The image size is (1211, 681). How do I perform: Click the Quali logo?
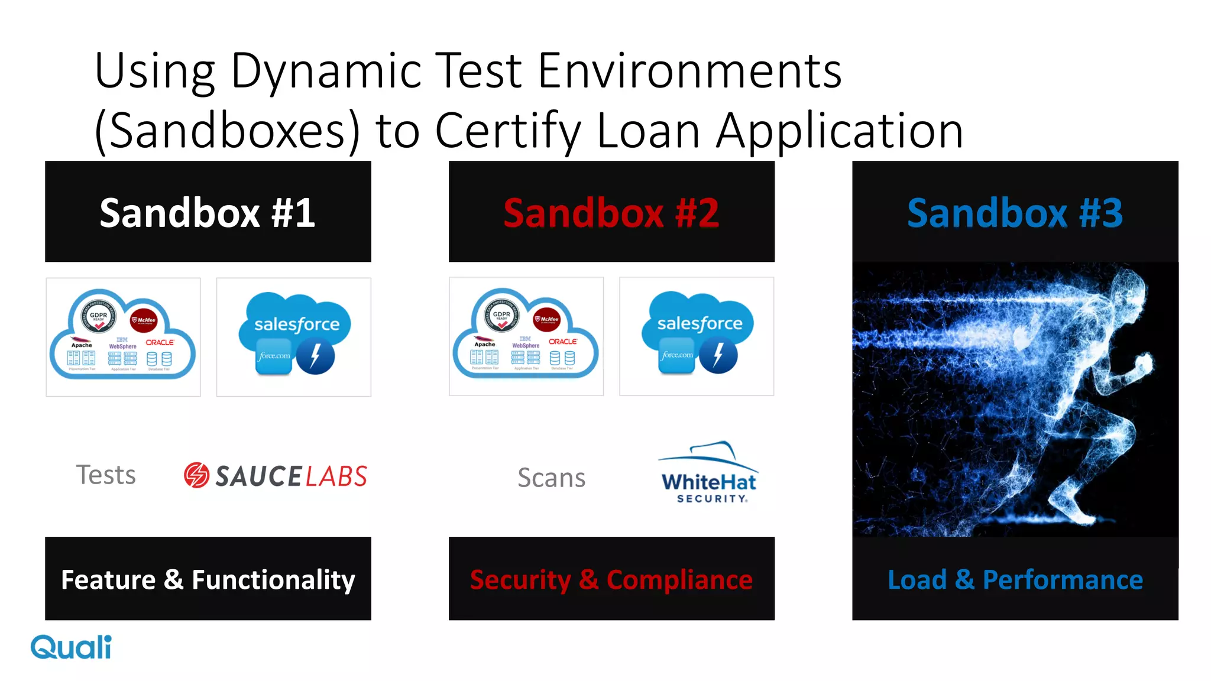pos(71,647)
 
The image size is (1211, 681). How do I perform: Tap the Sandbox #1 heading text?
pos(207,213)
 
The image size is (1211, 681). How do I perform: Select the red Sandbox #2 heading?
pos(611,213)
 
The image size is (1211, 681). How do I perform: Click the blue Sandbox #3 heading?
pos(1015,213)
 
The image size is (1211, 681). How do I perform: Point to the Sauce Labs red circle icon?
pos(196,475)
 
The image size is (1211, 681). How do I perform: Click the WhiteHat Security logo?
pos(708,473)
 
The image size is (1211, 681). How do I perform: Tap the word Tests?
pos(106,475)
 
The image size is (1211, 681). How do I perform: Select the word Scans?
pos(551,478)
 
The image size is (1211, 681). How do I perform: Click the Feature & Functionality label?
pos(208,579)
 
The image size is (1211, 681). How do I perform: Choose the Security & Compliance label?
pos(611,579)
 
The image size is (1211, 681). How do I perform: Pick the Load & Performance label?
pos(1015,579)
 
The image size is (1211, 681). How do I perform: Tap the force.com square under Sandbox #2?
pos(677,355)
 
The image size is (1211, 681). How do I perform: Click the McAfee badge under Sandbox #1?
pos(144,320)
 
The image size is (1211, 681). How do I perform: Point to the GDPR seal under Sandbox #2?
pos(501,314)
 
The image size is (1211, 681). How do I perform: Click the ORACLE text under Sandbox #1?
pos(160,342)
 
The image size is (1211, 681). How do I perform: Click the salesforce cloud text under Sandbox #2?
pos(700,323)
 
